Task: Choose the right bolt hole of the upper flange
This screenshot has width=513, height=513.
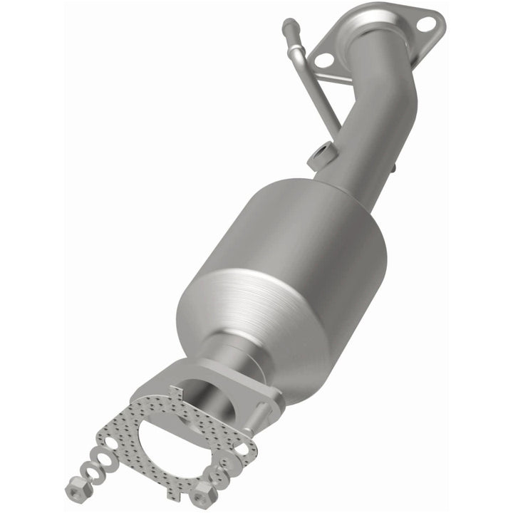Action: point(427,24)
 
